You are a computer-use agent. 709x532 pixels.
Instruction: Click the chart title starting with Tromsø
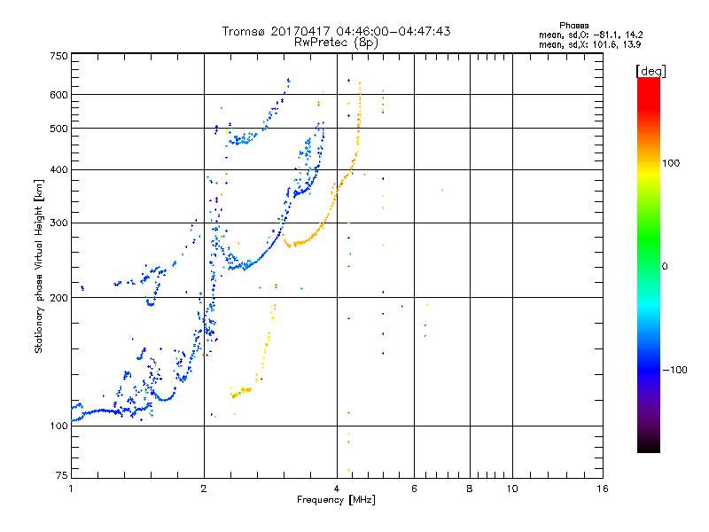(x=336, y=31)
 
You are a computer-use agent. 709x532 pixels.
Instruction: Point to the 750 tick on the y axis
(x=58, y=55)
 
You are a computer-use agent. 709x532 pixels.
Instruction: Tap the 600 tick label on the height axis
(x=58, y=95)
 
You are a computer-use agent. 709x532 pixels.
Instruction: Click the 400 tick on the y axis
(x=58, y=169)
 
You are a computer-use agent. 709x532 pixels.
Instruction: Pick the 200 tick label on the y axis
(x=58, y=297)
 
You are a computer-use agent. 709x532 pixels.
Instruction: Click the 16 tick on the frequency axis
(x=602, y=489)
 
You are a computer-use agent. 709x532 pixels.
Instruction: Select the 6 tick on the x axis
(x=414, y=489)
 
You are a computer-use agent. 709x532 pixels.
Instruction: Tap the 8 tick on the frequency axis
(x=470, y=489)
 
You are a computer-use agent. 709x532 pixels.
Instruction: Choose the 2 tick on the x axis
(x=204, y=489)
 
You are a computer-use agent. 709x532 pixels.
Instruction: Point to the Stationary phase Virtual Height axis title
(x=39, y=266)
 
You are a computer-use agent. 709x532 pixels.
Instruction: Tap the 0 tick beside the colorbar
(x=667, y=266)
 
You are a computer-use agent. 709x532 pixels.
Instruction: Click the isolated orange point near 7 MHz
(x=441, y=191)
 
